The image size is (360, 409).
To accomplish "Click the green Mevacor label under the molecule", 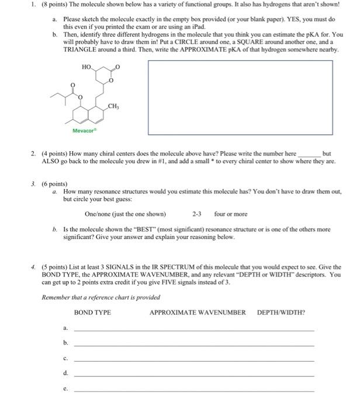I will pos(85,130).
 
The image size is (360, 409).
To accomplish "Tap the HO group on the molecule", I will pos(87,67).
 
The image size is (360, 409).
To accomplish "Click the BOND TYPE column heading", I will pos(92,313).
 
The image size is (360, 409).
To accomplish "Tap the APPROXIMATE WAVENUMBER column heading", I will pos(198,313).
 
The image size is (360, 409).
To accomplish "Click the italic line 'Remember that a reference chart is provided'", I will pos(101,297).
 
